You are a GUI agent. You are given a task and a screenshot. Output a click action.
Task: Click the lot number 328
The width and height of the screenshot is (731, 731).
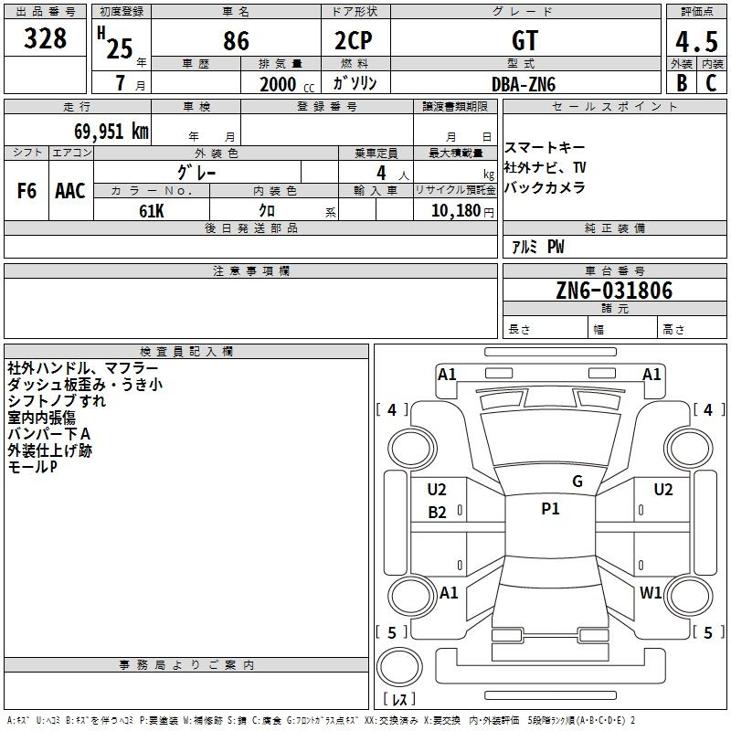[x=45, y=38]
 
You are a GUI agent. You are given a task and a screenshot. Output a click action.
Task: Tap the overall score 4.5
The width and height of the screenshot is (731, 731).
[x=696, y=42]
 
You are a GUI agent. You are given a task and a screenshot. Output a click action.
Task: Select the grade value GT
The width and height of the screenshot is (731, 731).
[x=524, y=40]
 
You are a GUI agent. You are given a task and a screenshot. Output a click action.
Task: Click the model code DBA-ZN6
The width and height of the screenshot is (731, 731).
[x=524, y=84]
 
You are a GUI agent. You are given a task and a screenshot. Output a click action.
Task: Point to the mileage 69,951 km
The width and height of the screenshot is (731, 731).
[x=111, y=132]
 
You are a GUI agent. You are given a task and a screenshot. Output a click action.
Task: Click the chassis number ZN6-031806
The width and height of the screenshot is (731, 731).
[x=614, y=291]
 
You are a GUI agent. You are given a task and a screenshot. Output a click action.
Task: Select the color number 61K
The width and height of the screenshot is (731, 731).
[x=152, y=211]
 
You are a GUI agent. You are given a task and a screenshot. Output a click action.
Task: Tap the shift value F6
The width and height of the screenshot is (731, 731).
[x=26, y=191]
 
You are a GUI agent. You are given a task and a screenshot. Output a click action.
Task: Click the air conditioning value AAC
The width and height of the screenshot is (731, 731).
[x=70, y=191]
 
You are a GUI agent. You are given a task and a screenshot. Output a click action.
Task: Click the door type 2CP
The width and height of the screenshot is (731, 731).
[x=354, y=40]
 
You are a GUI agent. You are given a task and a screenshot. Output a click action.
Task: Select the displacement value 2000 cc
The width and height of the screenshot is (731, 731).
[x=287, y=84]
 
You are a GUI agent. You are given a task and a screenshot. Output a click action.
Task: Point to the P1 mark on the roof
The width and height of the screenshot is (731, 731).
[x=550, y=509]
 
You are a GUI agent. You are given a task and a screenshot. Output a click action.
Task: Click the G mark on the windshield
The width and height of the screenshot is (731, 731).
[x=577, y=482]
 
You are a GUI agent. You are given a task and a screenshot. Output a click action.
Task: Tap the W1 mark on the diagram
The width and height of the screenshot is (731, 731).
[x=651, y=592]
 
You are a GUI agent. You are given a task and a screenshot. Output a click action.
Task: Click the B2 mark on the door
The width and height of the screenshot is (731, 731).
[x=437, y=513]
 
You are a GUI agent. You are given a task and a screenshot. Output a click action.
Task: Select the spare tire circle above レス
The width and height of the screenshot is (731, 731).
[x=399, y=666]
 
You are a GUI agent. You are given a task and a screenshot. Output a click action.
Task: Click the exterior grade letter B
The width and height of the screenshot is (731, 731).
[x=682, y=83]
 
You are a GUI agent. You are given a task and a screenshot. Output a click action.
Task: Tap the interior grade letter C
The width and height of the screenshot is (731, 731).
[x=711, y=83]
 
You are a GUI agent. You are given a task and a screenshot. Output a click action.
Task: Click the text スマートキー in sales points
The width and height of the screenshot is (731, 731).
[x=545, y=148]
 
